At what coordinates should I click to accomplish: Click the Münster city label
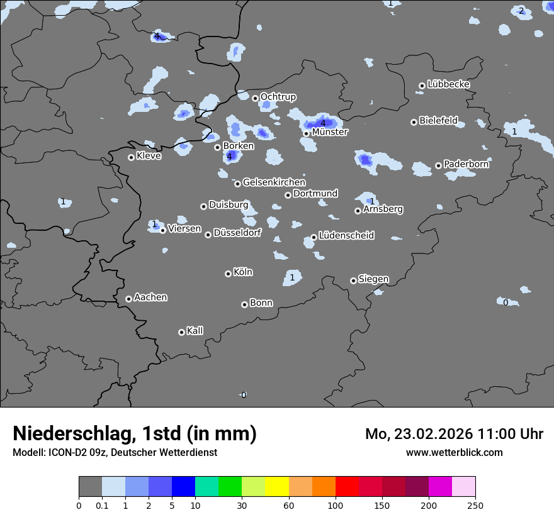click(329, 132)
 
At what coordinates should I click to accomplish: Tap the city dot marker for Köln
click(228, 274)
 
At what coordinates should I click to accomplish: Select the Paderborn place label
click(466, 164)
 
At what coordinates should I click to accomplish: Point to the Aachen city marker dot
click(128, 299)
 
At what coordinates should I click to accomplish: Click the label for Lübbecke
click(448, 84)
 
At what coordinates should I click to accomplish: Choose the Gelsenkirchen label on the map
click(274, 182)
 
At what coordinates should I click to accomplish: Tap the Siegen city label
click(373, 279)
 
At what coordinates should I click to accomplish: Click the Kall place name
click(195, 331)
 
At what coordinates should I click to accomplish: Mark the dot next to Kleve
click(131, 157)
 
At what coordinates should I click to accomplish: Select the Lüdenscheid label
click(346, 236)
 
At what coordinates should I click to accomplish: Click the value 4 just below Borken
click(230, 156)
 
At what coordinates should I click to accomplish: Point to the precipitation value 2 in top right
click(521, 11)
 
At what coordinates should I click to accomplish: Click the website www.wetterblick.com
click(454, 452)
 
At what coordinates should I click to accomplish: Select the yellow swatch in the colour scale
click(277, 487)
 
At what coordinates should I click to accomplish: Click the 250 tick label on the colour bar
click(475, 505)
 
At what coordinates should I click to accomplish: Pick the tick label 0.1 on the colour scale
click(102, 505)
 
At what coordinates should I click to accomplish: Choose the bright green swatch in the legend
click(230, 487)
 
